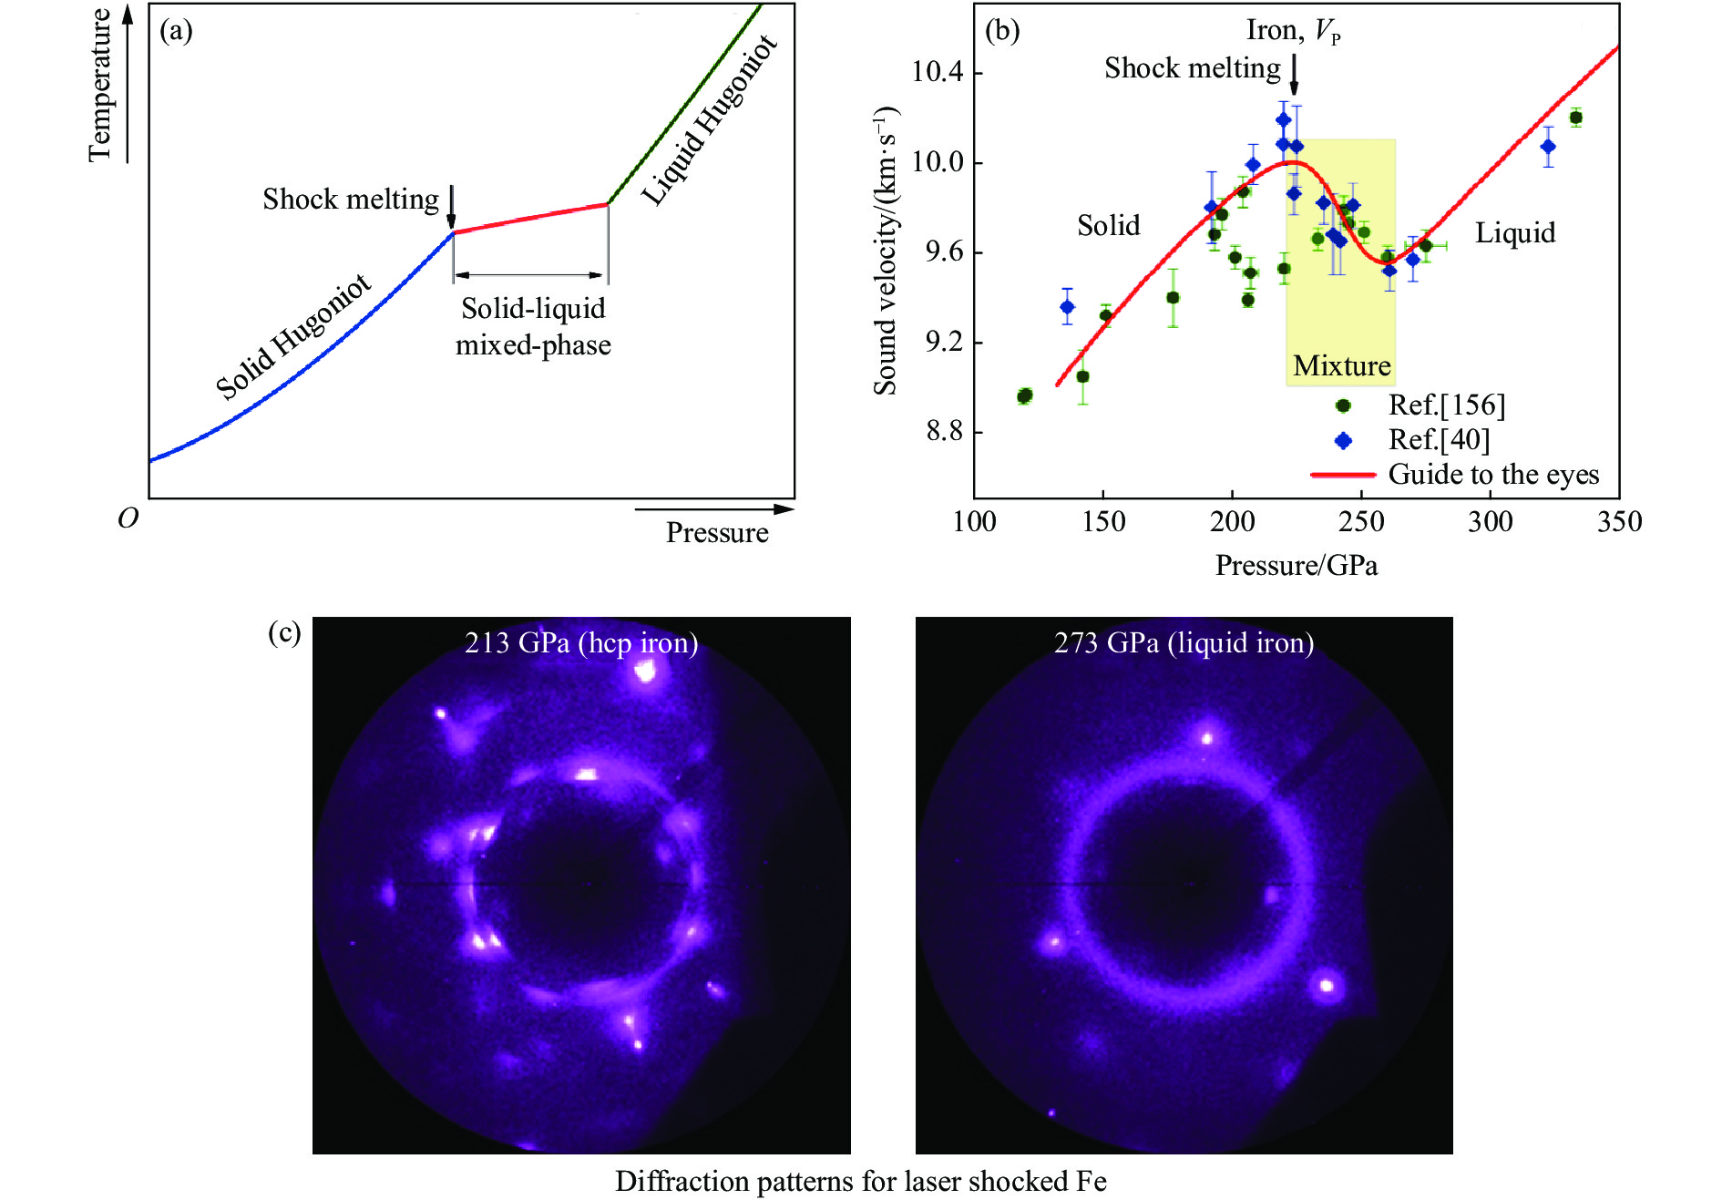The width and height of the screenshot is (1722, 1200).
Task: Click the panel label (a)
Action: [176, 31]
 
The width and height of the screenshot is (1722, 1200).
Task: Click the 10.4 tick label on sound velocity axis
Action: [938, 72]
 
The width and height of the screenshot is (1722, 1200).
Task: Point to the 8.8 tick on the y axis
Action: [944, 431]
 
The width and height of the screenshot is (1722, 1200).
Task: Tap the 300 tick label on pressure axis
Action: [1490, 521]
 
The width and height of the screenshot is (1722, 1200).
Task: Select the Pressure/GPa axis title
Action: [1296, 566]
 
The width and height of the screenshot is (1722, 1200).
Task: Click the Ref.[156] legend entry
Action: [1446, 405]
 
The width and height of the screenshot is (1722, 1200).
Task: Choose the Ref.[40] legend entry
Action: [1439, 440]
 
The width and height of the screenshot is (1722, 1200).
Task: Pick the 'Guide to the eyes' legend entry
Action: [1493, 475]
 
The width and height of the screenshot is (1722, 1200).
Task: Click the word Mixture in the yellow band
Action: [1341, 365]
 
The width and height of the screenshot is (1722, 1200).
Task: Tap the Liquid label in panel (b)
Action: [1515, 233]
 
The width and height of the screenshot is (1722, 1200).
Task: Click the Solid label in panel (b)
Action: [1108, 225]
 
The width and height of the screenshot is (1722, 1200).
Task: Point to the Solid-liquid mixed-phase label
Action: [533, 326]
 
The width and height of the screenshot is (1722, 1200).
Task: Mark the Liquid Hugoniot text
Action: [709, 120]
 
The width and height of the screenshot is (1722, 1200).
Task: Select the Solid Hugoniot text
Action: [293, 336]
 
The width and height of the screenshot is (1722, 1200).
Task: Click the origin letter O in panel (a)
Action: [128, 518]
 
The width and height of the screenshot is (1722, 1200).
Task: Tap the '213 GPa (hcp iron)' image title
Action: [581, 643]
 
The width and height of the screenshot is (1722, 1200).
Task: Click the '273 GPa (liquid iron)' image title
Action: [1184, 643]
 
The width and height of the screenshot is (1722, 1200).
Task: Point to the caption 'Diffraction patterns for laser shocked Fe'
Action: [860, 1181]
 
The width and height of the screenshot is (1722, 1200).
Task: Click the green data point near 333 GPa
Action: [1575, 118]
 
